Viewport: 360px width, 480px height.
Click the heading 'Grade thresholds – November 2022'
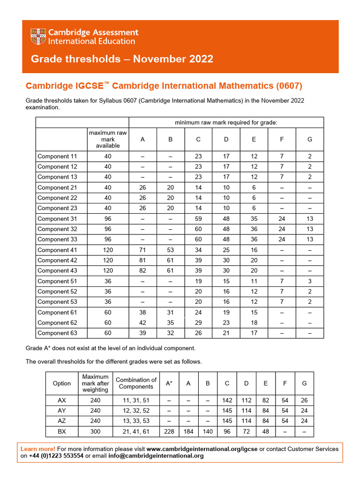pyautogui.click(x=122, y=59)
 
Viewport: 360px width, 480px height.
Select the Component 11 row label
pyautogui.click(x=57, y=156)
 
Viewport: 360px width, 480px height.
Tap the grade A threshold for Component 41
pyautogui.click(x=142, y=250)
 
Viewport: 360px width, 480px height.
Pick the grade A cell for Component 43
pyautogui.click(x=142, y=270)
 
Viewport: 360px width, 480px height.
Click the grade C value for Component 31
pyautogui.click(x=198, y=218)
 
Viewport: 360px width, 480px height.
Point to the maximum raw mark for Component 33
pyautogui.click(x=108, y=239)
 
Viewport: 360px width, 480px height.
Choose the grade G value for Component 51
pyautogui.click(x=309, y=281)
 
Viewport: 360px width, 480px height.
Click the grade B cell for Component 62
pyautogui.click(x=170, y=322)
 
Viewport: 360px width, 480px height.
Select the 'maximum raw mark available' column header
pyautogui.click(x=108, y=139)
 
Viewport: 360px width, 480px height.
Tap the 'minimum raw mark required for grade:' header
pyautogui.click(x=226, y=122)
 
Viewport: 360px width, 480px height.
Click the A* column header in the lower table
pyautogui.click(x=169, y=383)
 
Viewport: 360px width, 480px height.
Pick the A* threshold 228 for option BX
pyautogui.click(x=169, y=431)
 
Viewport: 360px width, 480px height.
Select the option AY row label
pyautogui.click(x=62, y=411)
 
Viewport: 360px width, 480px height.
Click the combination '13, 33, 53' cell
pyautogui.click(x=136, y=421)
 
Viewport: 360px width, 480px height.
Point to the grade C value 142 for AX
pyautogui.click(x=227, y=400)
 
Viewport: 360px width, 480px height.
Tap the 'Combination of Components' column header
pyautogui.click(x=136, y=383)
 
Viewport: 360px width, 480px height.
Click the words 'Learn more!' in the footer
pyautogui.click(x=38, y=449)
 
